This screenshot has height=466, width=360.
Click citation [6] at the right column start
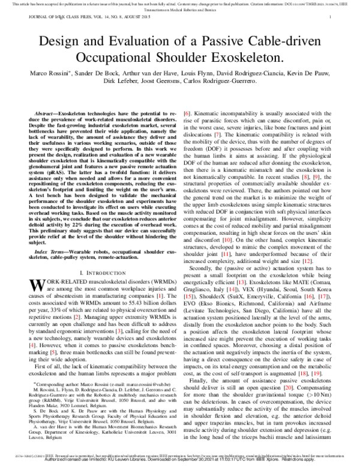pyautogui.click(x=187, y=113)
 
